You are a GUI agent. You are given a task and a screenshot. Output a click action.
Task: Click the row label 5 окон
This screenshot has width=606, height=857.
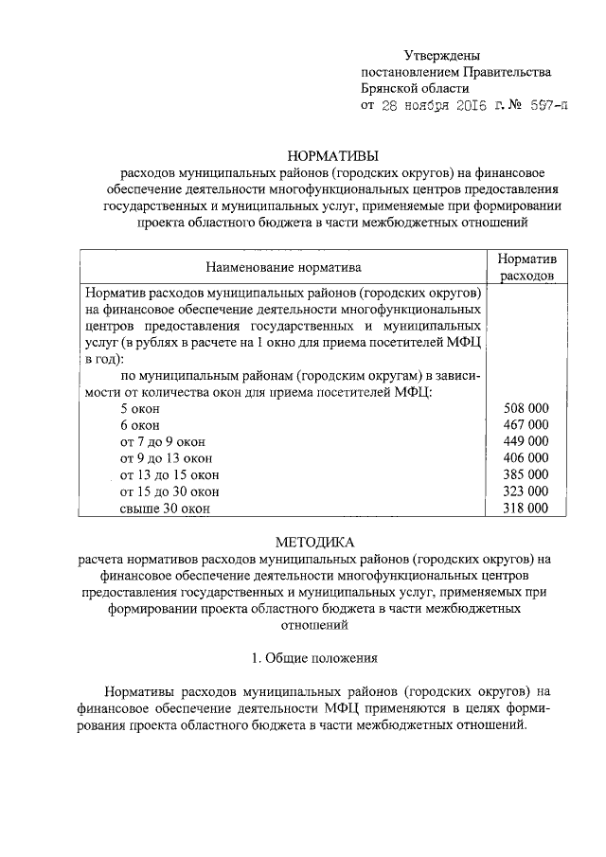pyautogui.click(x=140, y=408)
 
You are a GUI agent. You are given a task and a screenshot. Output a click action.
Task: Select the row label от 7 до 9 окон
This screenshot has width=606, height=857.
pyautogui.click(x=163, y=442)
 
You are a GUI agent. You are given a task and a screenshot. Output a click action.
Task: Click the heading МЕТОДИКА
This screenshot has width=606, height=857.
pyautogui.click(x=314, y=543)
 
